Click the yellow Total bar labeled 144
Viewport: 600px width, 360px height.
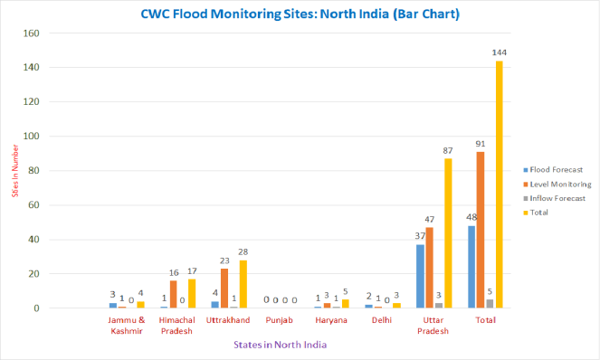point(499,185)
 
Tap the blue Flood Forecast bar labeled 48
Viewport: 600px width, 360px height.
point(471,267)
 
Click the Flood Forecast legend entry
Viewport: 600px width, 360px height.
point(553,170)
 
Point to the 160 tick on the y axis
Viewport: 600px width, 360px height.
point(30,33)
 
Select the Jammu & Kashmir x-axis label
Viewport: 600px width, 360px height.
point(127,326)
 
